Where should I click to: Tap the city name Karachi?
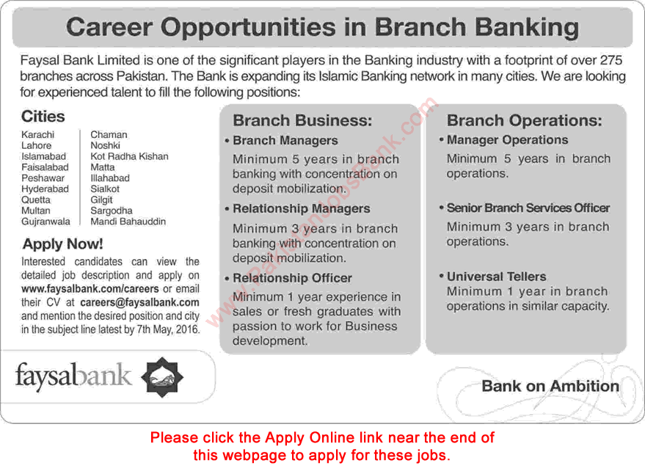(x=37, y=135)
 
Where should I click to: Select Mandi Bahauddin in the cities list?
(x=128, y=222)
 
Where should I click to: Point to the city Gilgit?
(x=101, y=200)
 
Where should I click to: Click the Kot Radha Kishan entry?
(x=129, y=156)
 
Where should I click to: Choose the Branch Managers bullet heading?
(x=285, y=141)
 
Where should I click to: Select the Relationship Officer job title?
(x=292, y=278)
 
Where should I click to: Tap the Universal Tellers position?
(x=496, y=277)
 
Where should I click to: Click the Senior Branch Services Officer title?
(x=528, y=208)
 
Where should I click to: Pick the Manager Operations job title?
(x=507, y=140)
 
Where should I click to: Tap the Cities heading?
(x=43, y=117)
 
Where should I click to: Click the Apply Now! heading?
(x=62, y=244)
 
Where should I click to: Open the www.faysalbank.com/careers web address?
(x=81, y=288)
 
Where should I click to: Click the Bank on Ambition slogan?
(x=550, y=387)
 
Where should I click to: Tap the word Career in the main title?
(x=109, y=28)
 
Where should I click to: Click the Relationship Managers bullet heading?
(x=301, y=209)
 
